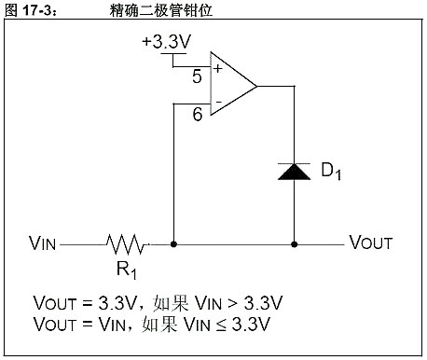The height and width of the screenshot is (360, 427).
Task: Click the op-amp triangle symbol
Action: tap(228, 85)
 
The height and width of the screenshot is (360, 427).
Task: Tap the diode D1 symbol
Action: tap(296, 170)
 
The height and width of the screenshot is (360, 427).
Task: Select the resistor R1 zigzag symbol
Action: tap(127, 244)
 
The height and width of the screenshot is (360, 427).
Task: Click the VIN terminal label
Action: tap(43, 244)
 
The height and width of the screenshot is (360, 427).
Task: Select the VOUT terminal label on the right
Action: tap(370, 244)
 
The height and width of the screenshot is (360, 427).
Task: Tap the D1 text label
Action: tap(331, 173)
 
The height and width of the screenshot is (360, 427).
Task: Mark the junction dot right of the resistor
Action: tap(174, 244)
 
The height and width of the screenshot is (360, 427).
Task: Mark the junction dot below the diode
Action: tap(296, 244)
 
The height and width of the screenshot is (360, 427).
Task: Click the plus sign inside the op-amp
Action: tap(217, 68)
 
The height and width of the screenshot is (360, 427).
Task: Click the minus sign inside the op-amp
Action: tap(217, 101)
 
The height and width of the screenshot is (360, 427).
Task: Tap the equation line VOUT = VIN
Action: tap(153, 324)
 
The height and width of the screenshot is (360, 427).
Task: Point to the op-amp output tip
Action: tap(256, 85)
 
